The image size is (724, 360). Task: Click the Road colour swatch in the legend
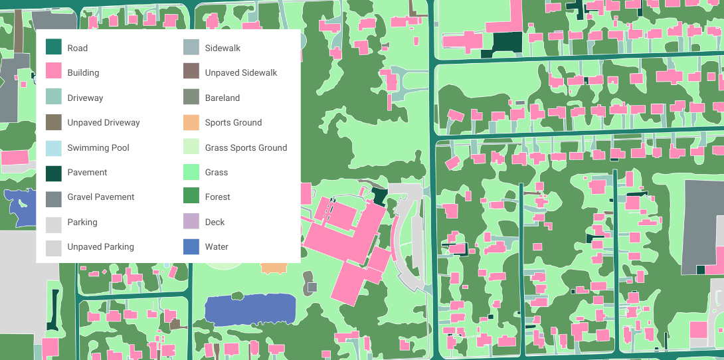(54, 47)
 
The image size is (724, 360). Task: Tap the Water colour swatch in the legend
(191, 246)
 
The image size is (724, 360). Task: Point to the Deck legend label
(215, 222)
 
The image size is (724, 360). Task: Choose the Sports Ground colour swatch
(191, 122)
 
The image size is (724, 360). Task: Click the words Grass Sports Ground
(246, 147)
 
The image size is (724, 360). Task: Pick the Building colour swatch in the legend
(54, 72)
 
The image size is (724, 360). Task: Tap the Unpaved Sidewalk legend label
(240, 72)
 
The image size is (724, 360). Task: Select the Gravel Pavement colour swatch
(54, 197)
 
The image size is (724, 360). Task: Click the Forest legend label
(217, 197)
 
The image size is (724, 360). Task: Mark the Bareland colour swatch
(191, 98)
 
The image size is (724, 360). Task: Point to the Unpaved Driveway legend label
(103, 122)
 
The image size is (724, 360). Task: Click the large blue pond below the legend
(250, 310)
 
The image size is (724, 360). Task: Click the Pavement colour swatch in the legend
(54, 172)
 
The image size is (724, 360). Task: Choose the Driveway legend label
(85, 98)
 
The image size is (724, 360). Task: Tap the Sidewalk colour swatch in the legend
(191, 47)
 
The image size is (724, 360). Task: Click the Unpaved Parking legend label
(100, 246)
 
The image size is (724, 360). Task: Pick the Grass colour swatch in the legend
(191, 172)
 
